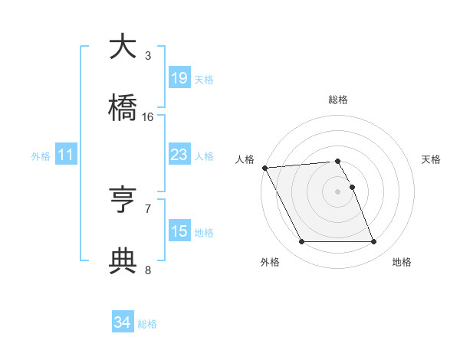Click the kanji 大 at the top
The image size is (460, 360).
coord(123,47)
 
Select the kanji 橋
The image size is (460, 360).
coord(123,108)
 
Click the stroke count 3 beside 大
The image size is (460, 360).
coord(148,55)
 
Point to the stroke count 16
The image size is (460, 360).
coord(148,116)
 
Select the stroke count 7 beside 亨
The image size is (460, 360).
coord(148,208)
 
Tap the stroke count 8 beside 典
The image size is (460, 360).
coord(148,269)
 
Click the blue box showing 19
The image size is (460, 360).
coord(179,78)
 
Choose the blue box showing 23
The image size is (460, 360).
coord(179,155)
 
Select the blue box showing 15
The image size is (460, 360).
coord(179,231)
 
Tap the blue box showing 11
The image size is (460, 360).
coord(66,155)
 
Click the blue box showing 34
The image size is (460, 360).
coord(123,323)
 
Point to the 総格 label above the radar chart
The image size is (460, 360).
coord(338,100)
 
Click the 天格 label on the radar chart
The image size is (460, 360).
coord(431,159)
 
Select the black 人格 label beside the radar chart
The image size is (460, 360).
coord(245,159)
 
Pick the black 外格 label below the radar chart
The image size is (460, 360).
coord(269,262)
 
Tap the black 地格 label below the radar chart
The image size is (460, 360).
coord(402,262)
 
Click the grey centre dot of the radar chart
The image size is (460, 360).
coord(338,191)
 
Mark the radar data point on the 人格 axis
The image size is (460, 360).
coord(264,168)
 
